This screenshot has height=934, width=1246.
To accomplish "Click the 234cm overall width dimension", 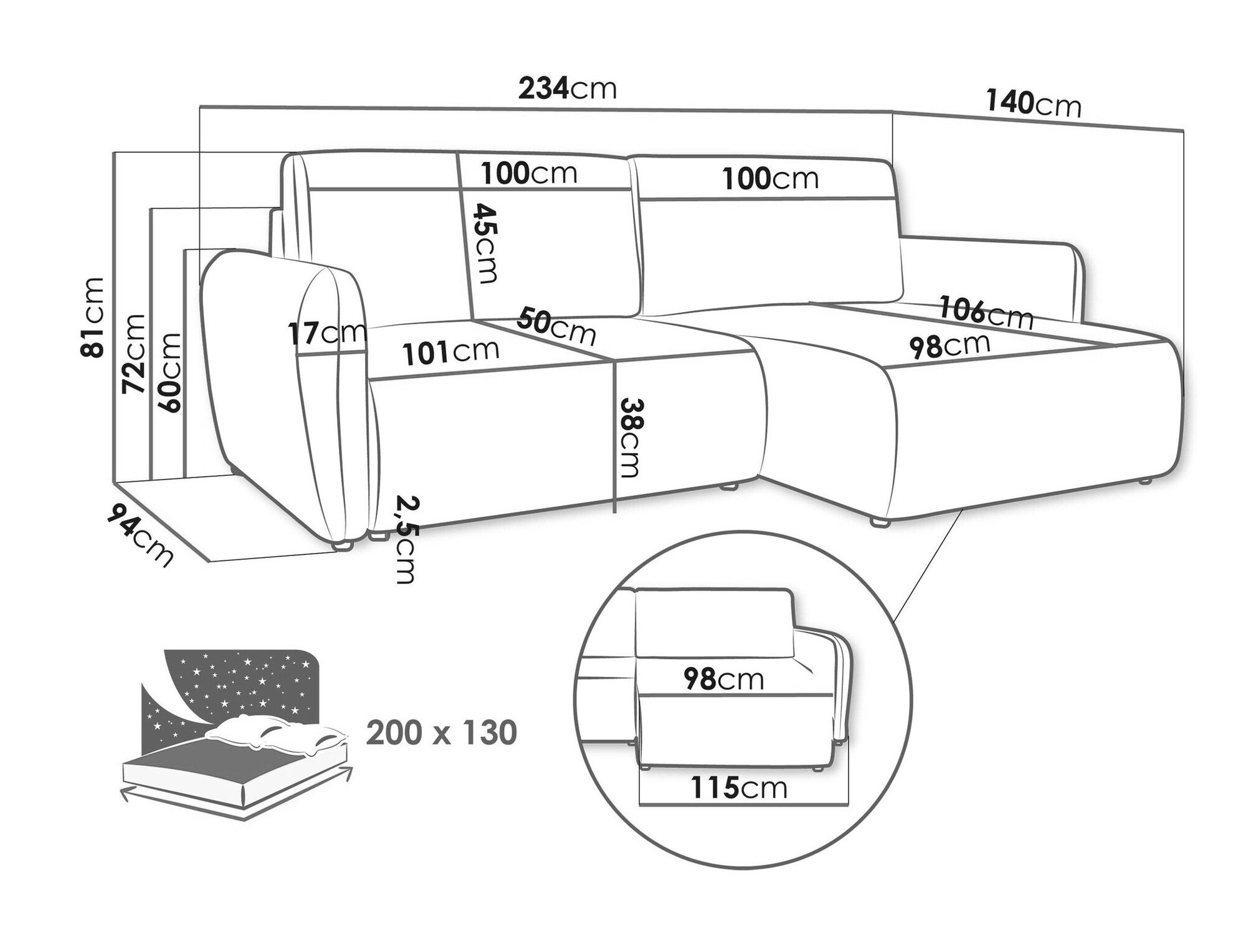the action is click(568, 88).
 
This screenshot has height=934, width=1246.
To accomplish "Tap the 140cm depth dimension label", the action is click(1034, 103).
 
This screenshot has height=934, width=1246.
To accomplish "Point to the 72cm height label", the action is click(133, 353).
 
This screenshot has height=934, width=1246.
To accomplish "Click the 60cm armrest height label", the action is click(169, 372).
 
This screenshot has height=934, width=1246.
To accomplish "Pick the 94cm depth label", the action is click(141, 535).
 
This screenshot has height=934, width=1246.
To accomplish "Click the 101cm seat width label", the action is click(450, 352).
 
